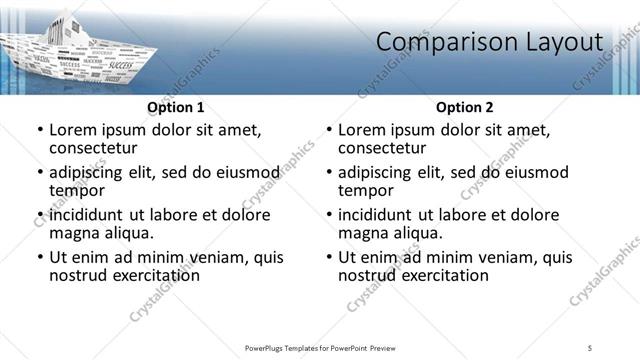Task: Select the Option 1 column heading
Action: tap(176, 107)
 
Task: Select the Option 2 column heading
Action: tap(465, 107)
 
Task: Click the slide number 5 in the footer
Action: tap(590, 347)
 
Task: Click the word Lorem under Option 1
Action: tap(73, 130)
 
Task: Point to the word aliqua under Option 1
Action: tap(128, 232)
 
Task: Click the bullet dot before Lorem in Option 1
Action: tap(39, 131)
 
